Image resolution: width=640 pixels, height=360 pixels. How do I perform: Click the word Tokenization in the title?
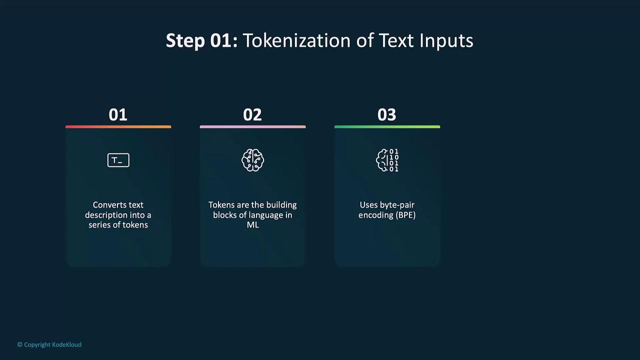pos(296,40)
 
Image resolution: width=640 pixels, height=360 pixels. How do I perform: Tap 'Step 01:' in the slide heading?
pos(201,40)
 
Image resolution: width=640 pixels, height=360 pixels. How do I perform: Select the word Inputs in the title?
pos(446,41)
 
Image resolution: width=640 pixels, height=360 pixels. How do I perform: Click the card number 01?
pos(117,115)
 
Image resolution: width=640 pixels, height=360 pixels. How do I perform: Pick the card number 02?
pos(252,115)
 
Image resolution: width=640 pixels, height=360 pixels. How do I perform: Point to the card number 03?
pos(387,115)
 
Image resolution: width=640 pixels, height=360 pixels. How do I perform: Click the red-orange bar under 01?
pos(118,126)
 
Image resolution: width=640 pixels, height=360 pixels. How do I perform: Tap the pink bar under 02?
pos(253,126)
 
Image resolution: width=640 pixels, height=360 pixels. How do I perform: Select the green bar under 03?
pos(387,126)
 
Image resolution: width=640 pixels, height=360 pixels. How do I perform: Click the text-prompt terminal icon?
pos(118,160)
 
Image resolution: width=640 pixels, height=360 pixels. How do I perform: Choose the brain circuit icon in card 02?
pos(252,160)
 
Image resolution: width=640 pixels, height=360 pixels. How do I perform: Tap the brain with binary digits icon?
pos(387,160)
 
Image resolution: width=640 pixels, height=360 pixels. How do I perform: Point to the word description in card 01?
pos(106,215)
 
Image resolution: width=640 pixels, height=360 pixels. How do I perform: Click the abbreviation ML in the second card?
pos(253,225)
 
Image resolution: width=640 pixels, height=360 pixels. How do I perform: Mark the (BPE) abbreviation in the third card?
pos(405,215)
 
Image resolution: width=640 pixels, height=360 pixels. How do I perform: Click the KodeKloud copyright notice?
pos(49,345)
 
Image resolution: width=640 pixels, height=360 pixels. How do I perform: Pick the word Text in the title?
pos(396,40)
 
